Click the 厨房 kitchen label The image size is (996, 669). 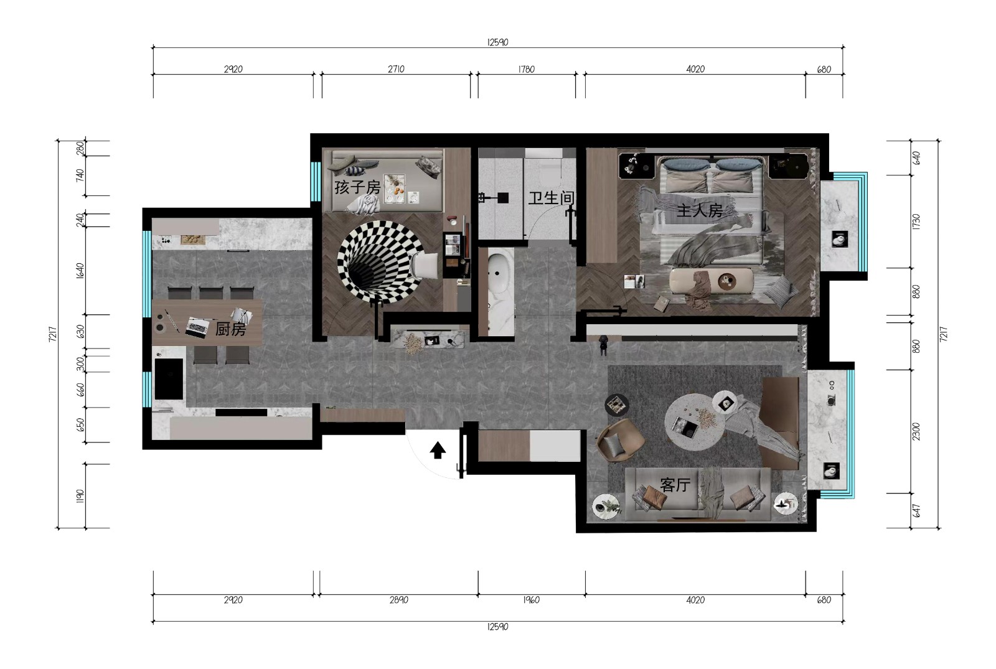[x=230, y=329]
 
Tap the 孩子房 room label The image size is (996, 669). [x=357, y=187]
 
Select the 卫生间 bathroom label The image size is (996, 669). [x=551, y=198]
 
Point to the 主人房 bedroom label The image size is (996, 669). [x=700, y=210]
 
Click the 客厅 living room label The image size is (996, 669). [x=675, y=485]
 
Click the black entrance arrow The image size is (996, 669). [x=438, y=450]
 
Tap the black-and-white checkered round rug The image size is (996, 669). [x=379, y=262]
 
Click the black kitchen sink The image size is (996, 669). [x=169, y=379]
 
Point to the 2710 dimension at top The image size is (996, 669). [x=396, y=69]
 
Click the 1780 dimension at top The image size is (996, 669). [x=527, y=69]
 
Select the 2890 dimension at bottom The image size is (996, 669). [x=399, y=600]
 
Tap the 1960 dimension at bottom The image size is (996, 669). [x=532, y=600]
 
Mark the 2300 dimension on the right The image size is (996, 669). [x=916, y=431]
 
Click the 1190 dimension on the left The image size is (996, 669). [x=80, y=496]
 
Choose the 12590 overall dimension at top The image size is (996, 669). [x=497, y=42]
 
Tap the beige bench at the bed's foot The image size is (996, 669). [x=712, y=281]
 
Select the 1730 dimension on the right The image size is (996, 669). [x=916, y=222]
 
